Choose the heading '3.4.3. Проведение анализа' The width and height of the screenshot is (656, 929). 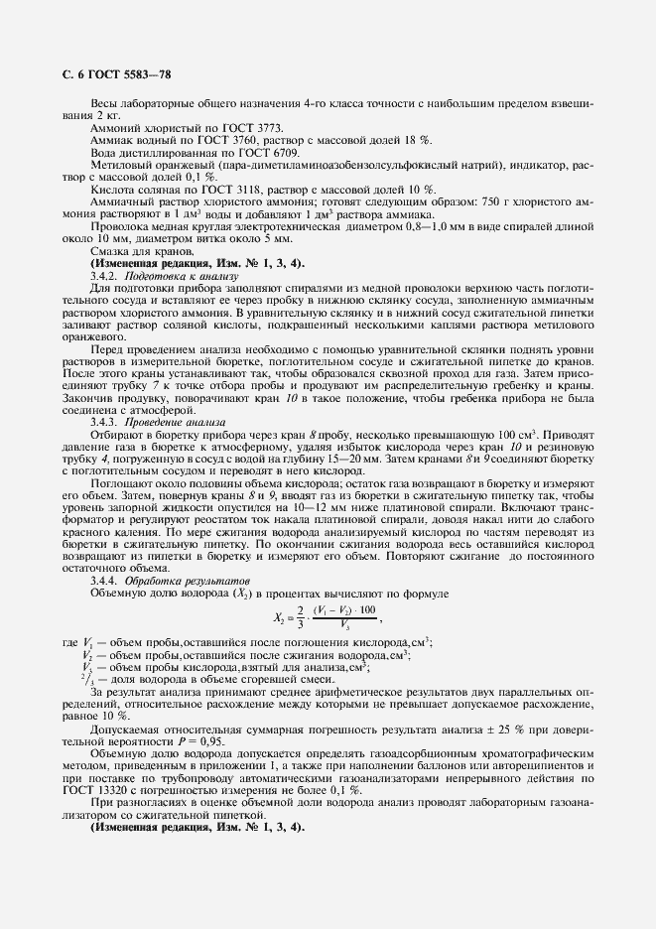tap(158, 422)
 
